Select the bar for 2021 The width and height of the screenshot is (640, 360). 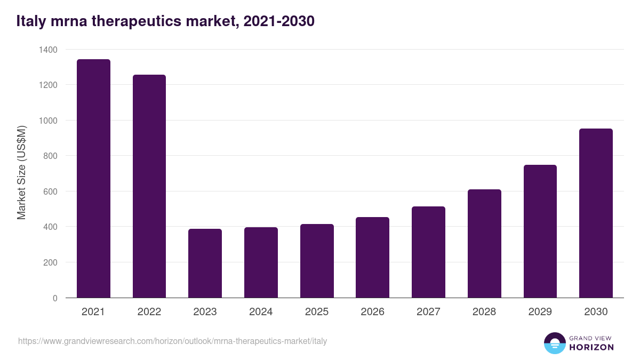93,179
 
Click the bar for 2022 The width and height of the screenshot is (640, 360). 149,186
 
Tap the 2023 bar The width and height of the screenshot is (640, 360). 205,263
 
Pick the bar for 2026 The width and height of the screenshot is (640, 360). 372,258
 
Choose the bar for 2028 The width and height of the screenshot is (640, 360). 484,244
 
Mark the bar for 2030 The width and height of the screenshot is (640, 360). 596,213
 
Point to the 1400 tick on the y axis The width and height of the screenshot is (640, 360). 48,50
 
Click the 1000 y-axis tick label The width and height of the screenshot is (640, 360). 48,121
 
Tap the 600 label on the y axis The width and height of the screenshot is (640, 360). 50,191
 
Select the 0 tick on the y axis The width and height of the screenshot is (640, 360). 55,298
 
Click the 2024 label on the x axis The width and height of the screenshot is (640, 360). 261,312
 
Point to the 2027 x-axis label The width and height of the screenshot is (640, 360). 428,312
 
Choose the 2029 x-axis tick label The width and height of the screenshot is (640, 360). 540,312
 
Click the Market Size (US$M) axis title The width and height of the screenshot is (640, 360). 21,173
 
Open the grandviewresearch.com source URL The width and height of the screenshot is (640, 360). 172,341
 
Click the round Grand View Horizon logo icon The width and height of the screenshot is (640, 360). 555,343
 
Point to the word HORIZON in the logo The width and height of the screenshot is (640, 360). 591,347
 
